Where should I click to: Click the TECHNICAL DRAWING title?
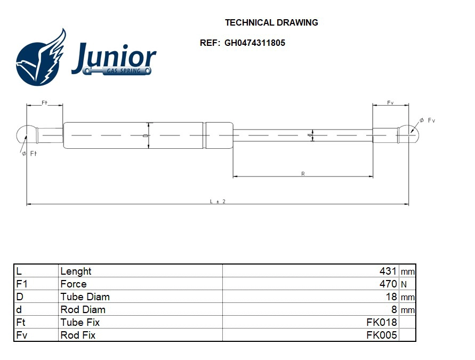click(271, 22)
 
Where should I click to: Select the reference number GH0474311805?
click(254, 43)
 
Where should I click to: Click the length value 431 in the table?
click(388, 271)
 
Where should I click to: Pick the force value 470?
click(388, 284)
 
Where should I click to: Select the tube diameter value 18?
click(391, 297)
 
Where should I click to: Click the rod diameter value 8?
click(394, 310)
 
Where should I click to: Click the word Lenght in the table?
click(76, 271)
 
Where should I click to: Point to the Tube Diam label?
click(85, 297)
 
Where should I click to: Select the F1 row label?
click(22, 284)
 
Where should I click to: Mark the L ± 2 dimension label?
click(218, 201)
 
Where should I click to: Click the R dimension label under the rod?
click(303, 174)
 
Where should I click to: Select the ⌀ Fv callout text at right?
click(428, 121)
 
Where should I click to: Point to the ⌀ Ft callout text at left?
click(29, 154)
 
